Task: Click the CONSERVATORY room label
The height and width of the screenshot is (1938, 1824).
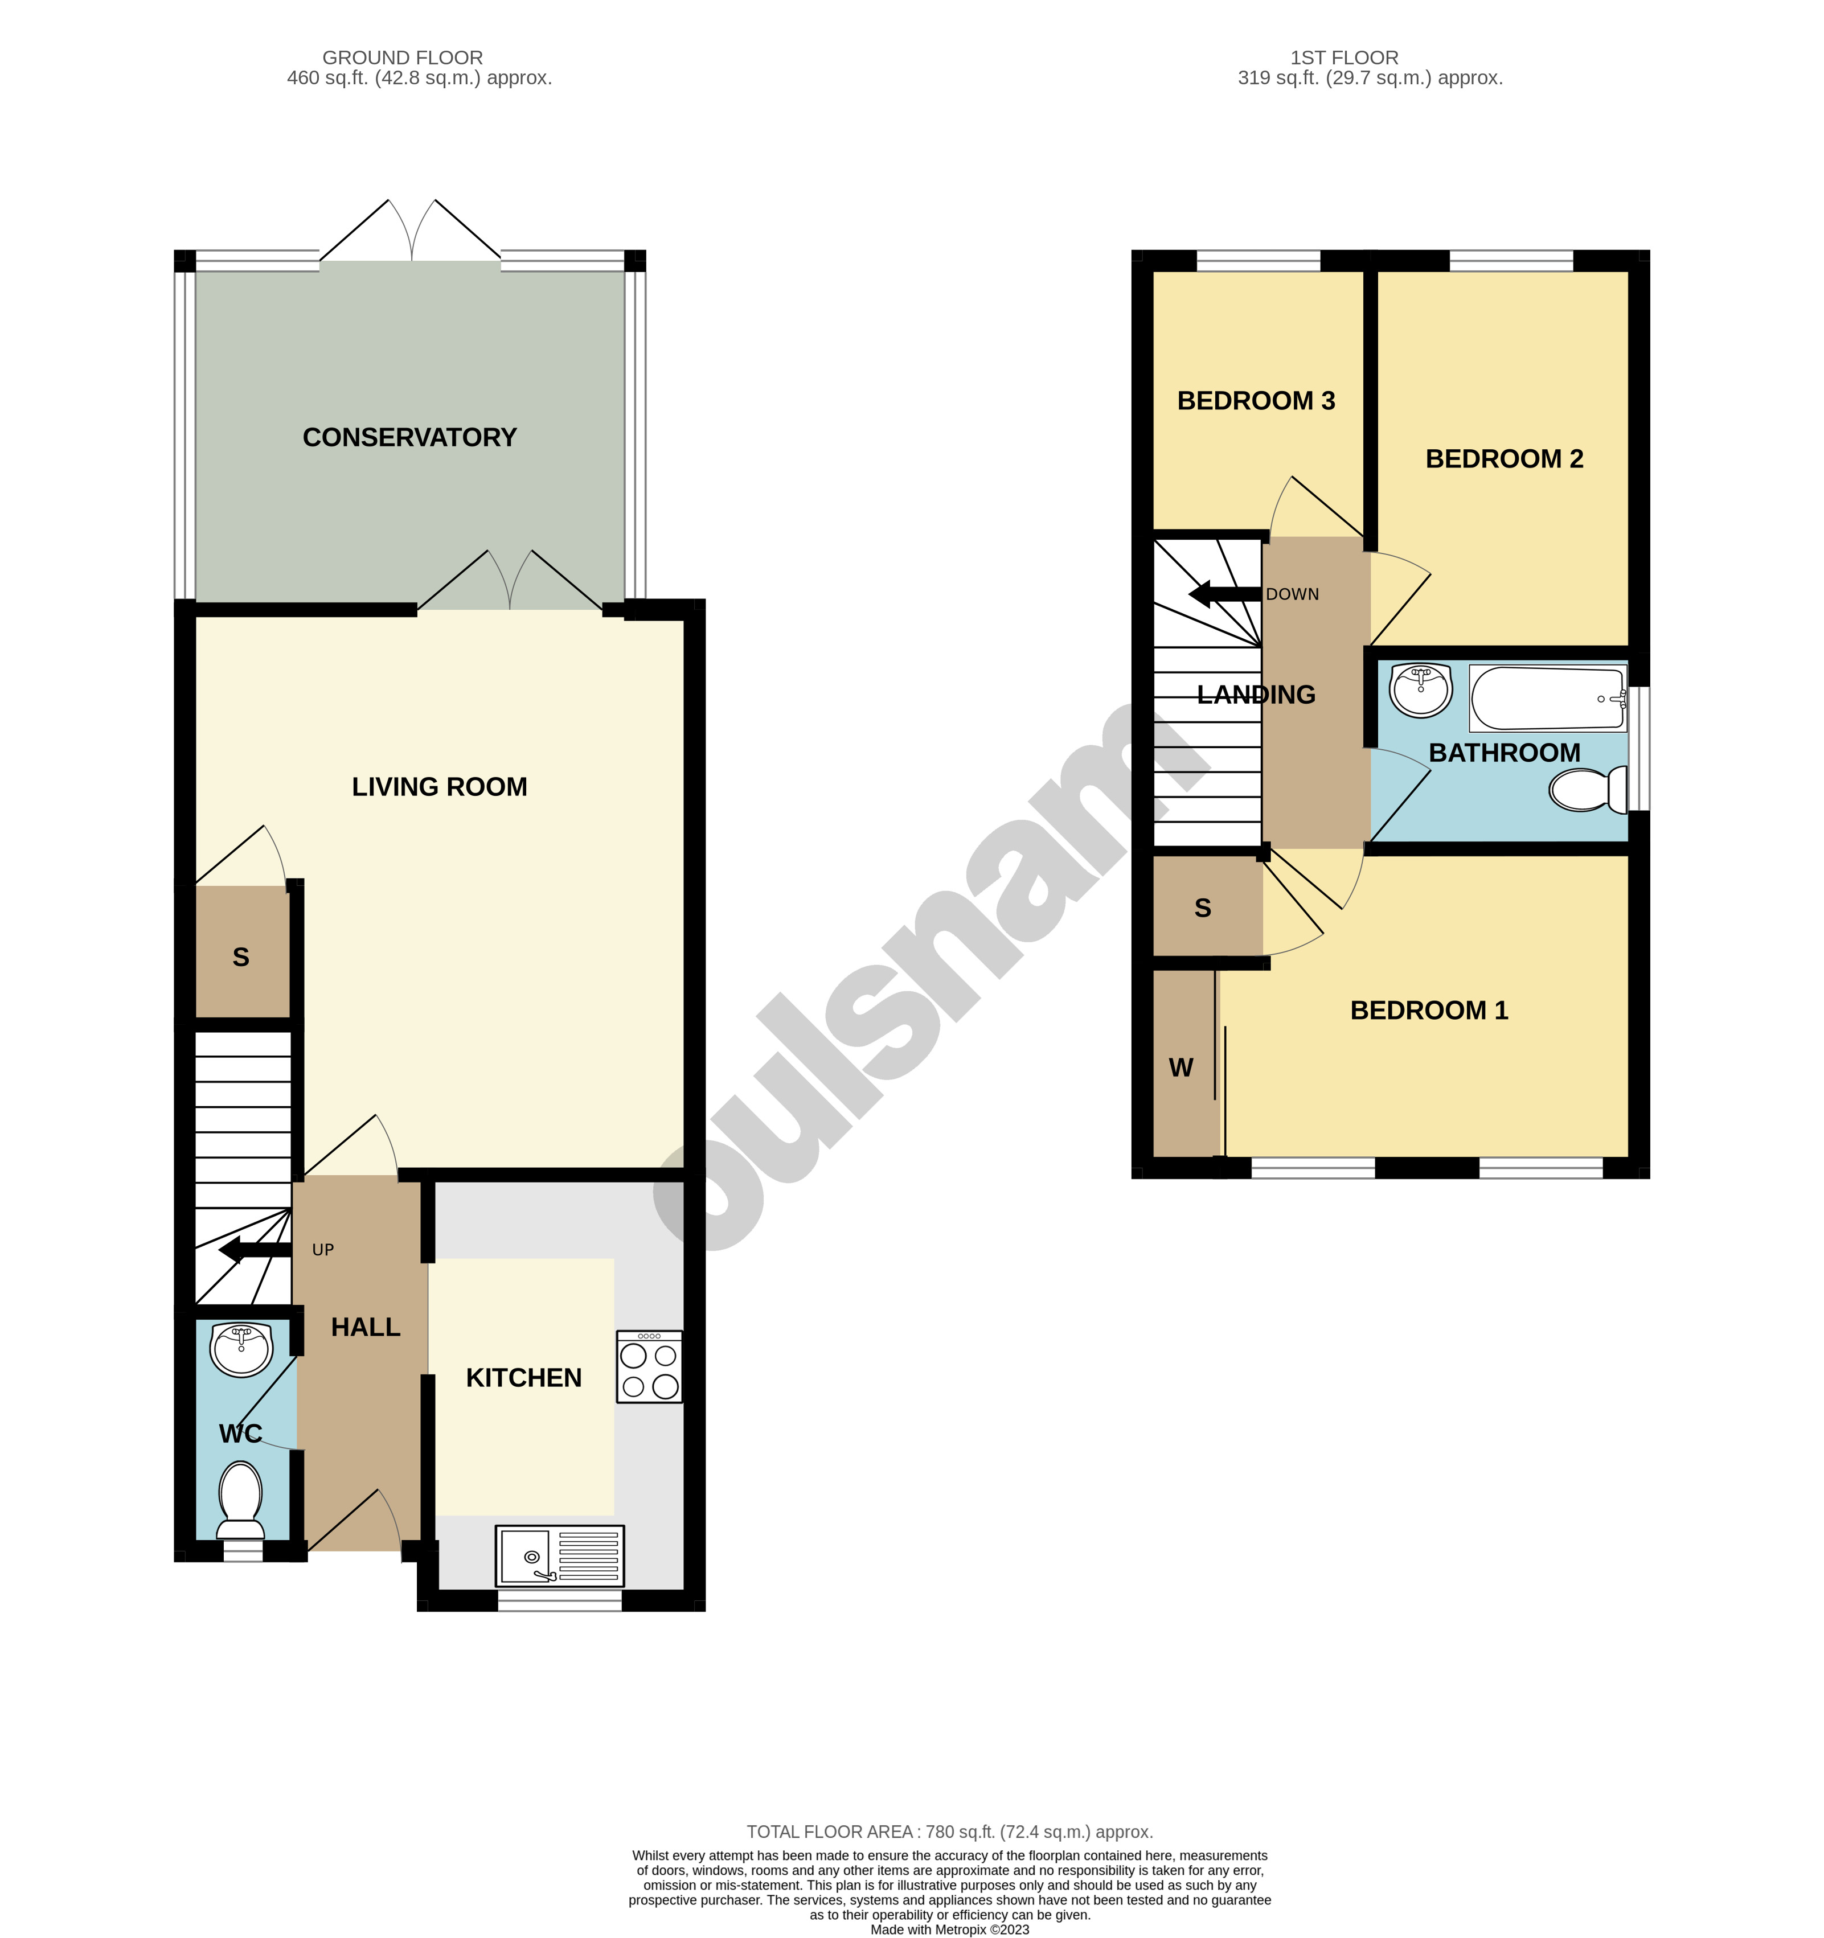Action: [409, 438]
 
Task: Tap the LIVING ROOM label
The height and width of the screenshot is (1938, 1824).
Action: [440, 787]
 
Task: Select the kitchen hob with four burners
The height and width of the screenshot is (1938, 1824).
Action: [649, 1367]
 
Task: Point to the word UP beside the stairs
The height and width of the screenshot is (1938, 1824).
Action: [323, 1250]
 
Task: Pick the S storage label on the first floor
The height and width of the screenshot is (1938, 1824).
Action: [1203, 909]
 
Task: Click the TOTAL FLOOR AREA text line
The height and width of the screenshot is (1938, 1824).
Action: [949, 1832]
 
